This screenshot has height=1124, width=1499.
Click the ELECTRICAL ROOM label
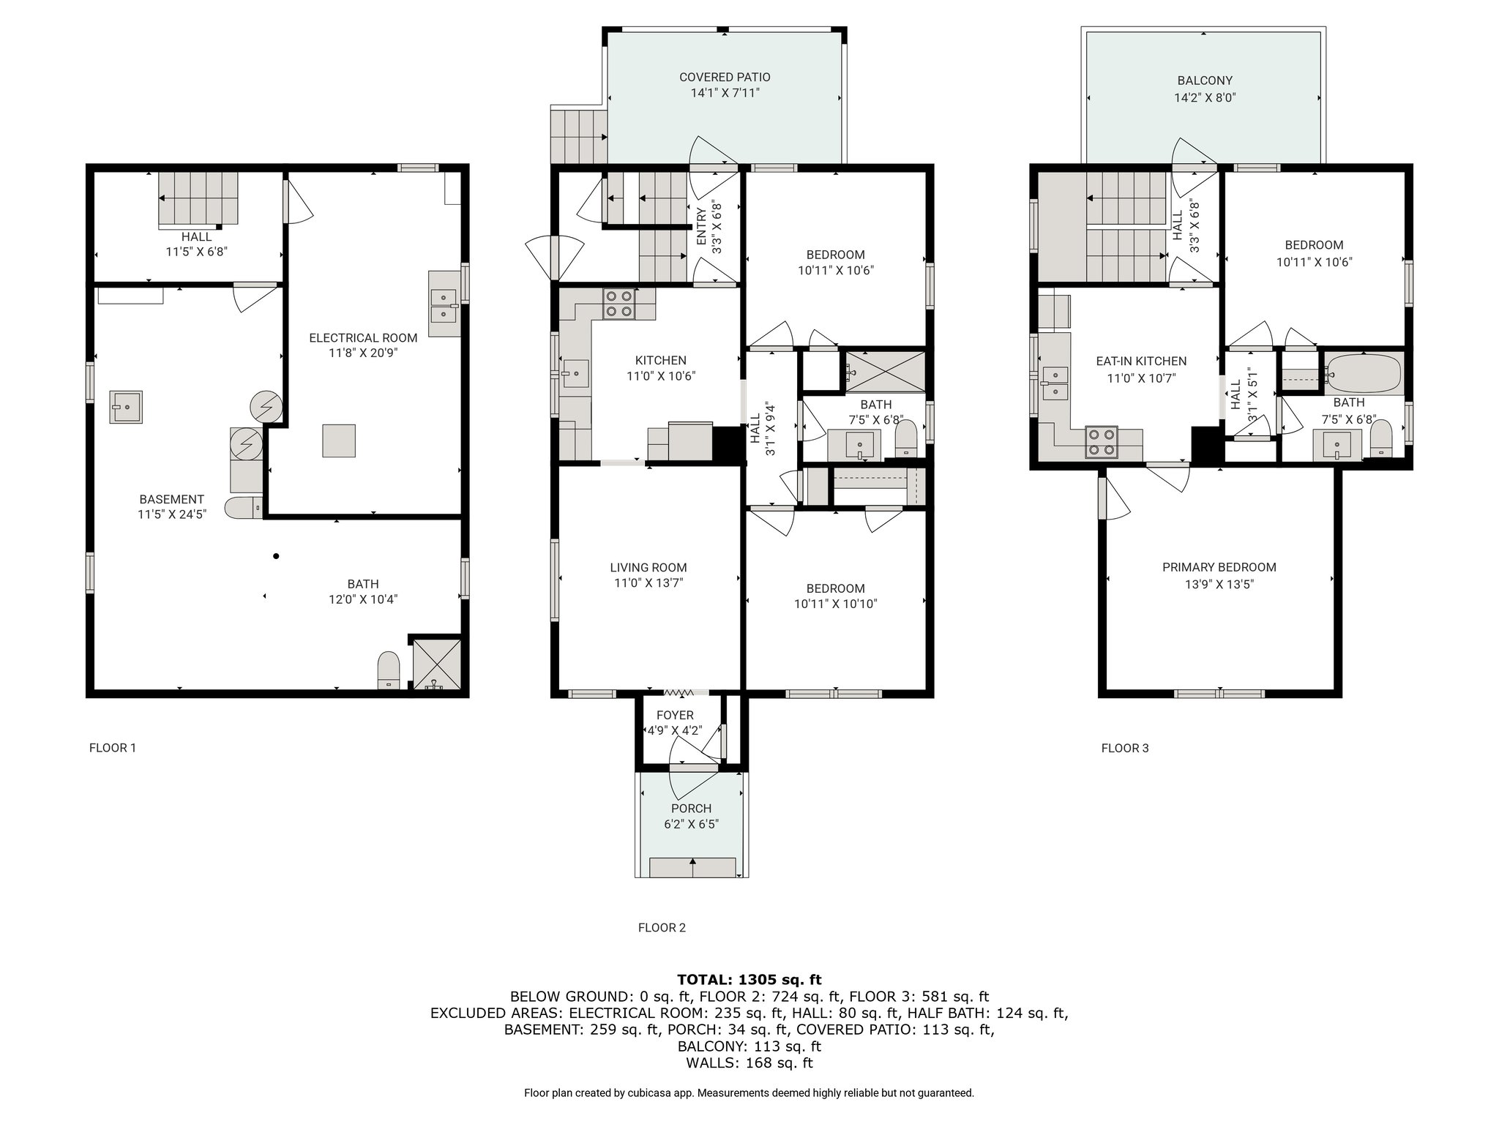[x=363, y=338]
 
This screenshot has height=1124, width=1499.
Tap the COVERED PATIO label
[x=725, y=77]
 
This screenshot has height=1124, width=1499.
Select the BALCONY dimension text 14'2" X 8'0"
[x=1205, y=97]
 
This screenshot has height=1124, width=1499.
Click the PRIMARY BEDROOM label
[x=1219, y=567]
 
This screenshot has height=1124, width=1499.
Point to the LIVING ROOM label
[x=648, y=567]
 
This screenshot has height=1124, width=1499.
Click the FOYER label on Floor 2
[x=675, y=715]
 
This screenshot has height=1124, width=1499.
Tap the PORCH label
[x=691, y=809]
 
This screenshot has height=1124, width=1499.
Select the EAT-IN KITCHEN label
[x=1141, y=361]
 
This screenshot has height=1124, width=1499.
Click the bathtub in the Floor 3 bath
[x=1364, y=373]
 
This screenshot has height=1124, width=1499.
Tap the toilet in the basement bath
[x=389, y=670]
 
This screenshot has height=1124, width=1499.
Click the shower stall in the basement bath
[x=436, y=664]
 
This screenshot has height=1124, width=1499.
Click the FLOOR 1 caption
[x=113, y=748]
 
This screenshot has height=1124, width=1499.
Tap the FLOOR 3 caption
[x=1125, y=748]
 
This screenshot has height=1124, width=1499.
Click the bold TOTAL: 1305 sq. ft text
[x=749, y=980]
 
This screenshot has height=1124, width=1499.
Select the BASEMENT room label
[x=172, y=499]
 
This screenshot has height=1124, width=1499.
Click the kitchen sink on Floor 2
[x=575, y=373]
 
